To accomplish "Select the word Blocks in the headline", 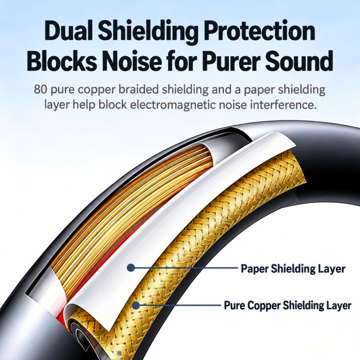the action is click(62, 60).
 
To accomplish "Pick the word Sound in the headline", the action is click(300, 60).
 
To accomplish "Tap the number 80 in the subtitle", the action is click(40, 89).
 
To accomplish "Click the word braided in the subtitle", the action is click(138, 89).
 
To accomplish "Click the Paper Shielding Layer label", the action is click(293, 269).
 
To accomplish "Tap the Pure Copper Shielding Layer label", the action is click(288, 306).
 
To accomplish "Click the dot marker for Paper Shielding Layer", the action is click(131, 267).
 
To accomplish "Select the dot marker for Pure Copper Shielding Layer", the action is click(136, 305).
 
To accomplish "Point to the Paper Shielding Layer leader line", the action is click(185, 268).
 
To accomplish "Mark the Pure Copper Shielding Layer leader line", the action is click(180, 305).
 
